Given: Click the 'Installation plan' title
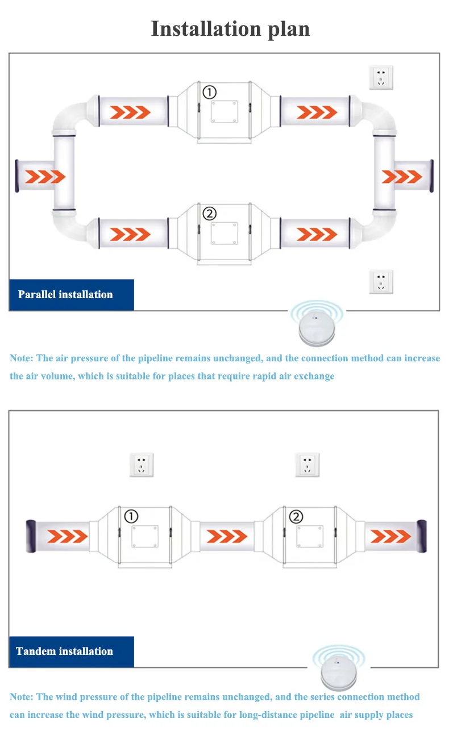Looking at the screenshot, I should (x=230, y=28).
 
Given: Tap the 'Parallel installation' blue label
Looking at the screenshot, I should (x=65, y=294).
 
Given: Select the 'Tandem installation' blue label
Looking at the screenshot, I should (x=64, y=651).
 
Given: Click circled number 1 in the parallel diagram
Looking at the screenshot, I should (x=210, y=92).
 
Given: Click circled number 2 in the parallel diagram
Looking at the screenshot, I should (x=210, y=214).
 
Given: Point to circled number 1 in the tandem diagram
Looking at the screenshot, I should (x=131, y=516).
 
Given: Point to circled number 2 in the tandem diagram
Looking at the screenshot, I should (x=296, y=516).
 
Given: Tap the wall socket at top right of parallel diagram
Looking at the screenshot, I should (x=381, y=77).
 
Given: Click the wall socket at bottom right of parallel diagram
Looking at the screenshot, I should (x=381, y=282).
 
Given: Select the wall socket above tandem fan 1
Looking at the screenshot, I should (x=142, y=465).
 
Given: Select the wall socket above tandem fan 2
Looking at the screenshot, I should (x=307, y=465).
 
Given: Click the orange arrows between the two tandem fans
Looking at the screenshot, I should (x=227, y=536).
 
